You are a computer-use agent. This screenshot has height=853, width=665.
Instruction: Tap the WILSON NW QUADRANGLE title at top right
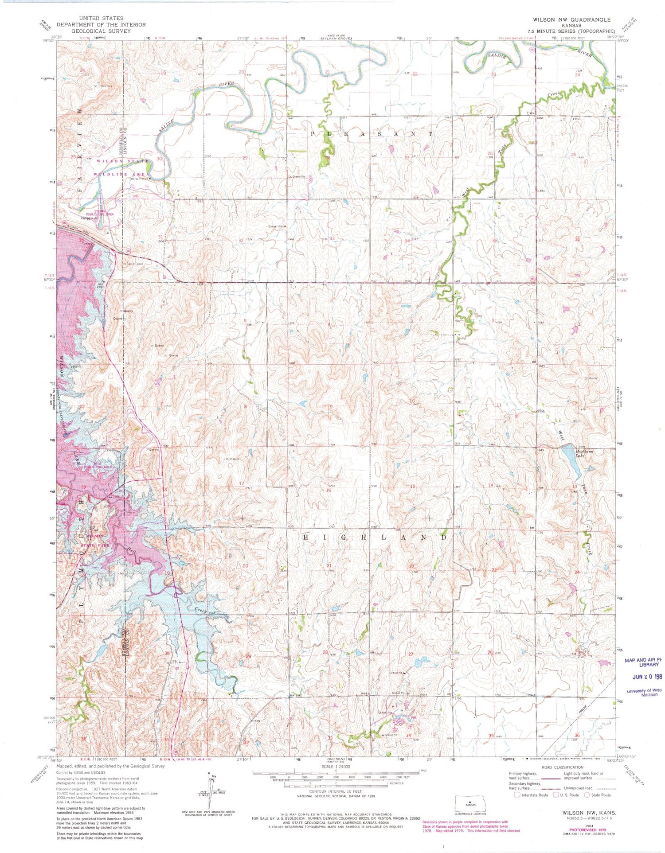coord(572,19)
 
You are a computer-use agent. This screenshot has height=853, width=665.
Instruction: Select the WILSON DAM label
coord(76,226)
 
